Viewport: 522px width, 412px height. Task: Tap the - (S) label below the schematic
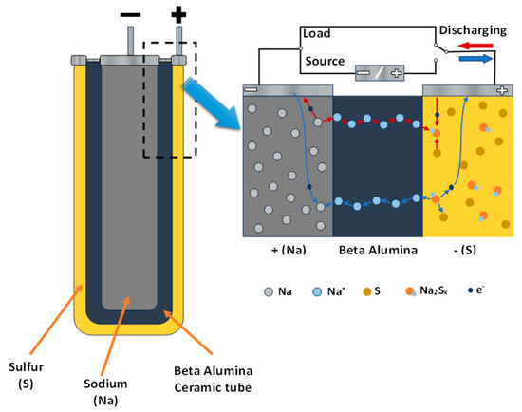tap(468, 253)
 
